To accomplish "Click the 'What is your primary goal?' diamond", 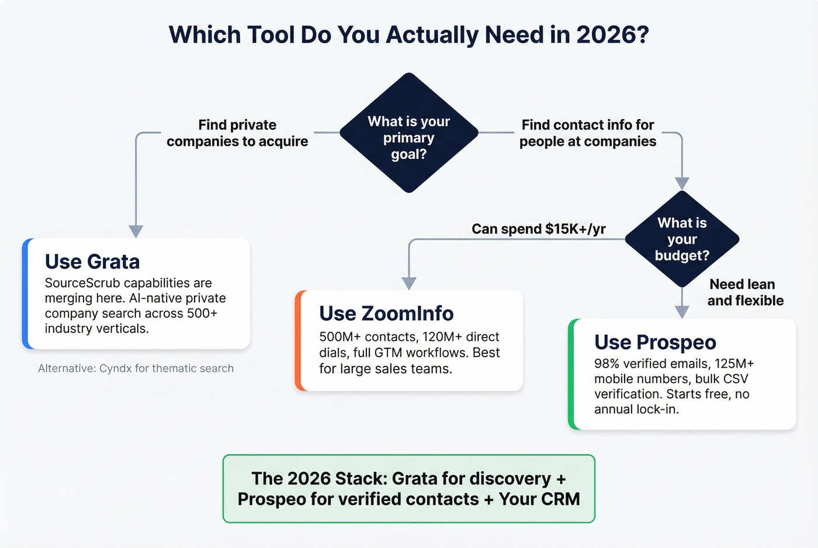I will click(409, 134).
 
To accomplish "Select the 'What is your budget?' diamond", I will click(682, 239).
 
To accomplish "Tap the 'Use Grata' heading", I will click(92, 262).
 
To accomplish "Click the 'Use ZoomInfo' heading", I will click(386, 314).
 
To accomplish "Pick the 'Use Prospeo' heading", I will click(655, 343).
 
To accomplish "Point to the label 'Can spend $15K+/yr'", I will click(539, 229).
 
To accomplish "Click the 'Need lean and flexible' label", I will click(745, 292).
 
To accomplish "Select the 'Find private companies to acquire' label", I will click(237, 133).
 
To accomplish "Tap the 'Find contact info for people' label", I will click(588, 133).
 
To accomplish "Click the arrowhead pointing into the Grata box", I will click(136, 232).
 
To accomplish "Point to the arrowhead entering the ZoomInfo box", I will click(409, 284).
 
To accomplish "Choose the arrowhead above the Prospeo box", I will click(682, 312).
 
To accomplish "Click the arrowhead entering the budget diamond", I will click(682, 183).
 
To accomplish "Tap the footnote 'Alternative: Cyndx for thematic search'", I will click(136, 368).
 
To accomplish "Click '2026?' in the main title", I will click(613, 35).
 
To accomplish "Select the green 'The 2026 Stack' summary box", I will click(409, 488).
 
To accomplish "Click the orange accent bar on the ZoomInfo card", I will click(299, 341).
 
